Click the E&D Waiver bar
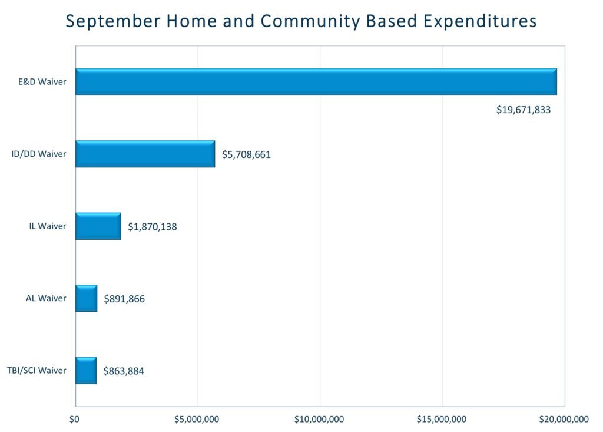(316, 82)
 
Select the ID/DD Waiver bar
(145, 154)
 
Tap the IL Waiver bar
(98, 226)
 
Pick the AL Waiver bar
(86, 298)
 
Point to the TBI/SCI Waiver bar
(85, 371)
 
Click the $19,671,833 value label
(524, 110)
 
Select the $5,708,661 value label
(246, 155)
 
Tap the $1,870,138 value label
(152, 227)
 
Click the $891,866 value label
(124, 299)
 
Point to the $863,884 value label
(124, 371)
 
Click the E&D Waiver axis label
(42, 82)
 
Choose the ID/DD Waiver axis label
(39, 154)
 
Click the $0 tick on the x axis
(74, 420)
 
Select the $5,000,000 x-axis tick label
(197, 420)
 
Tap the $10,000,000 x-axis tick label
(320, 420)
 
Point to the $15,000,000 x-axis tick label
(442, 420)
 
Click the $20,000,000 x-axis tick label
(564, 420)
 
